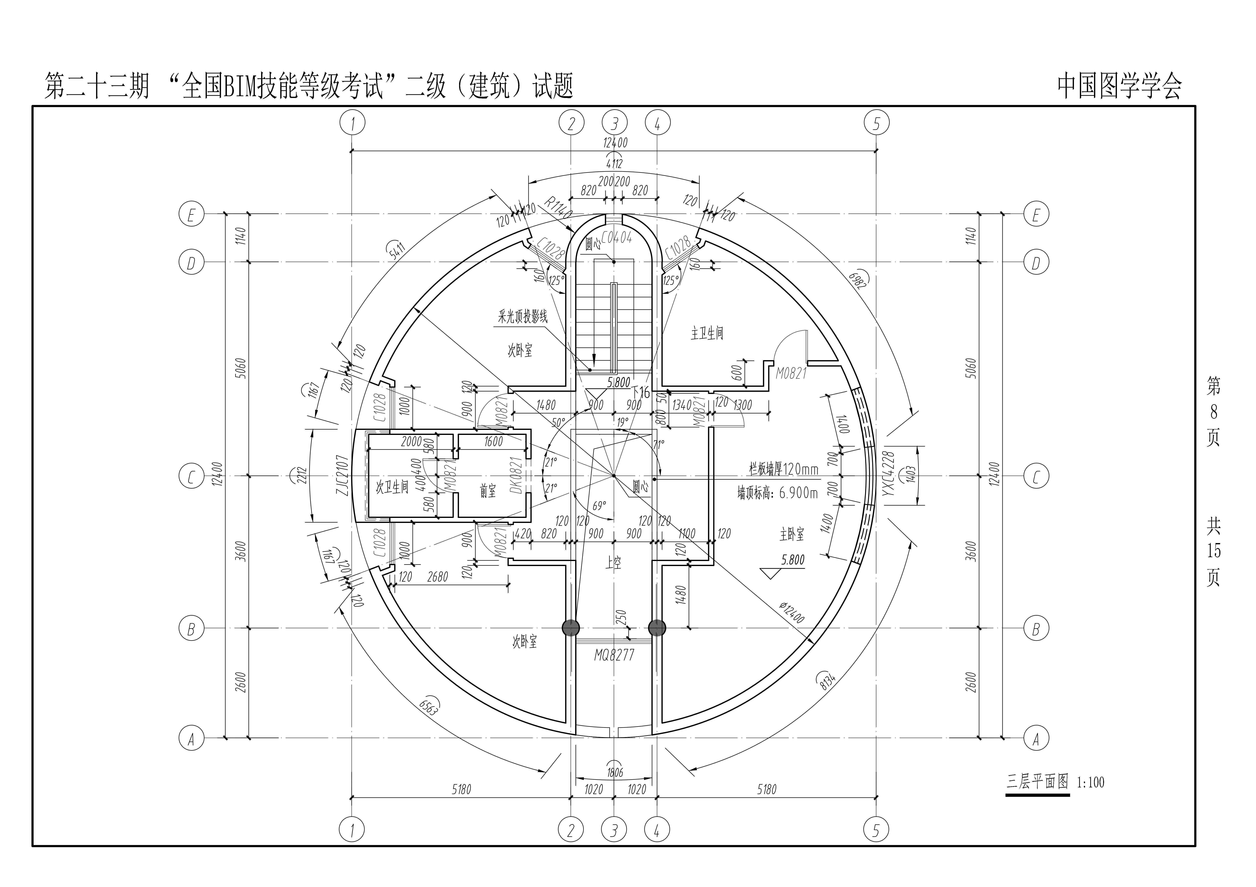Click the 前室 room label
[488, 491]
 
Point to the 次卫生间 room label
[392, 487]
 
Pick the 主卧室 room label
[792, 534]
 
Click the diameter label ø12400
[792, 613]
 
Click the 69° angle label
[600, 505]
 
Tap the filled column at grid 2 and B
[571, 628]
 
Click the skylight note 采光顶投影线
[522, 317]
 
